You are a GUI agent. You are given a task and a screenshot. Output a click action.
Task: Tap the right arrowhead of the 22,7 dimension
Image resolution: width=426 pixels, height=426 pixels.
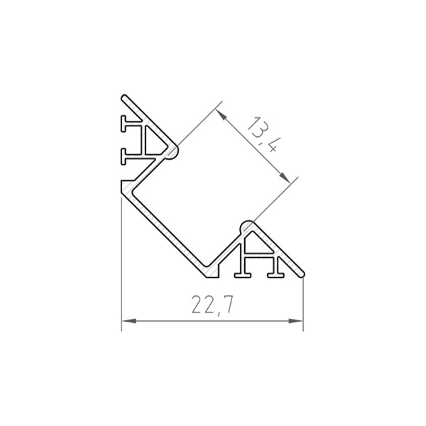(x=297, y=322)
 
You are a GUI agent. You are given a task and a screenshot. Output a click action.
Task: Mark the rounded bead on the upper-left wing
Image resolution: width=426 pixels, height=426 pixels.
(x=173, y=151)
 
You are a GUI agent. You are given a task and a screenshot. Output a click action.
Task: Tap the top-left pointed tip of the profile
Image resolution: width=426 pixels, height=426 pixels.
(x=125, y=96)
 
